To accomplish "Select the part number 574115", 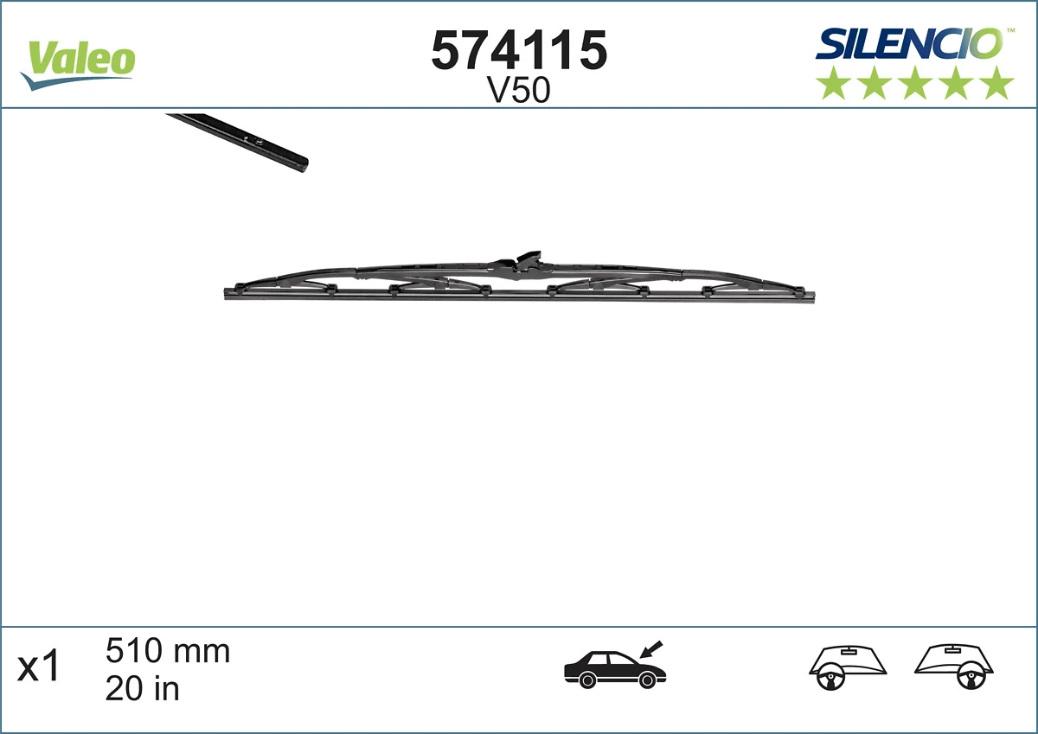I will pyautogui.click(x=518, y=51).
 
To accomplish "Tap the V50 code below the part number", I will pyautogui.click(x=519, y=91).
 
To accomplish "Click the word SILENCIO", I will pyautogui.click(x=908, y=44).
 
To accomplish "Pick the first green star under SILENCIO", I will pyautogui.click(x=834, y=84).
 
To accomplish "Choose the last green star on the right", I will pyautogui.click(x=997, y=84).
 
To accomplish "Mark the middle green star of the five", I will pyautogui.click(x=915, y=84).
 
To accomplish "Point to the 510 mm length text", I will pyautogui.click(x=168, y=651).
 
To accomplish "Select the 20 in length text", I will pyautogui.click(x=142, y=689).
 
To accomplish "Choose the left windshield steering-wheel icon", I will pyautogui.click(x=849, y=667).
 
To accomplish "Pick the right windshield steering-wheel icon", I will pyautogui.click(x=955, y=667).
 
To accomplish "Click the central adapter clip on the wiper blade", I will pyautogui.click(x=527, y=262).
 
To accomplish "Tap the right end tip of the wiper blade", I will pyautogui.click(x=812, y=294).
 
